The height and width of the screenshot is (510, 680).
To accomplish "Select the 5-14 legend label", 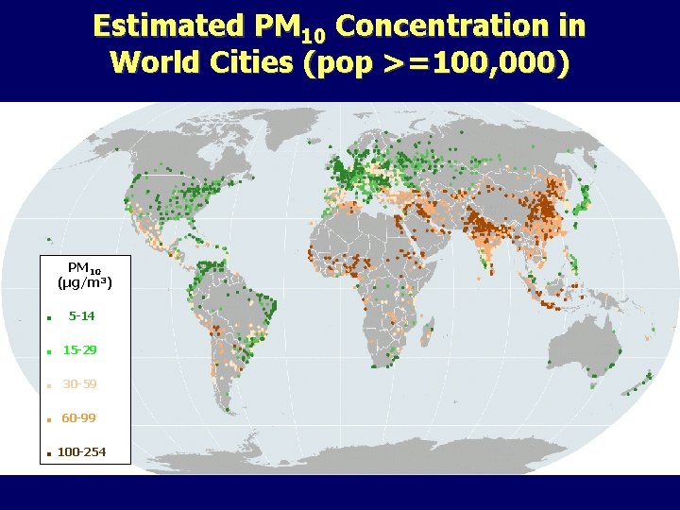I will coord(81,316).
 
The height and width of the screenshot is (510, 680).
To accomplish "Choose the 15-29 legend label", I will coord(79,350).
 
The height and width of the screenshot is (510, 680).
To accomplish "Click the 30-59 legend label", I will coord(79,384).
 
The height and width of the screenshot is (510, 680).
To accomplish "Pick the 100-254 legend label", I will coord(81,452).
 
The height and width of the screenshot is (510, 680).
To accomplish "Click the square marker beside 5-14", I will coord(47,318).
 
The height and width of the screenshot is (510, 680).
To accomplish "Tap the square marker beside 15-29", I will coord(47,352).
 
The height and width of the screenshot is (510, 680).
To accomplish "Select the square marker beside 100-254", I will coord(47,454).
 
